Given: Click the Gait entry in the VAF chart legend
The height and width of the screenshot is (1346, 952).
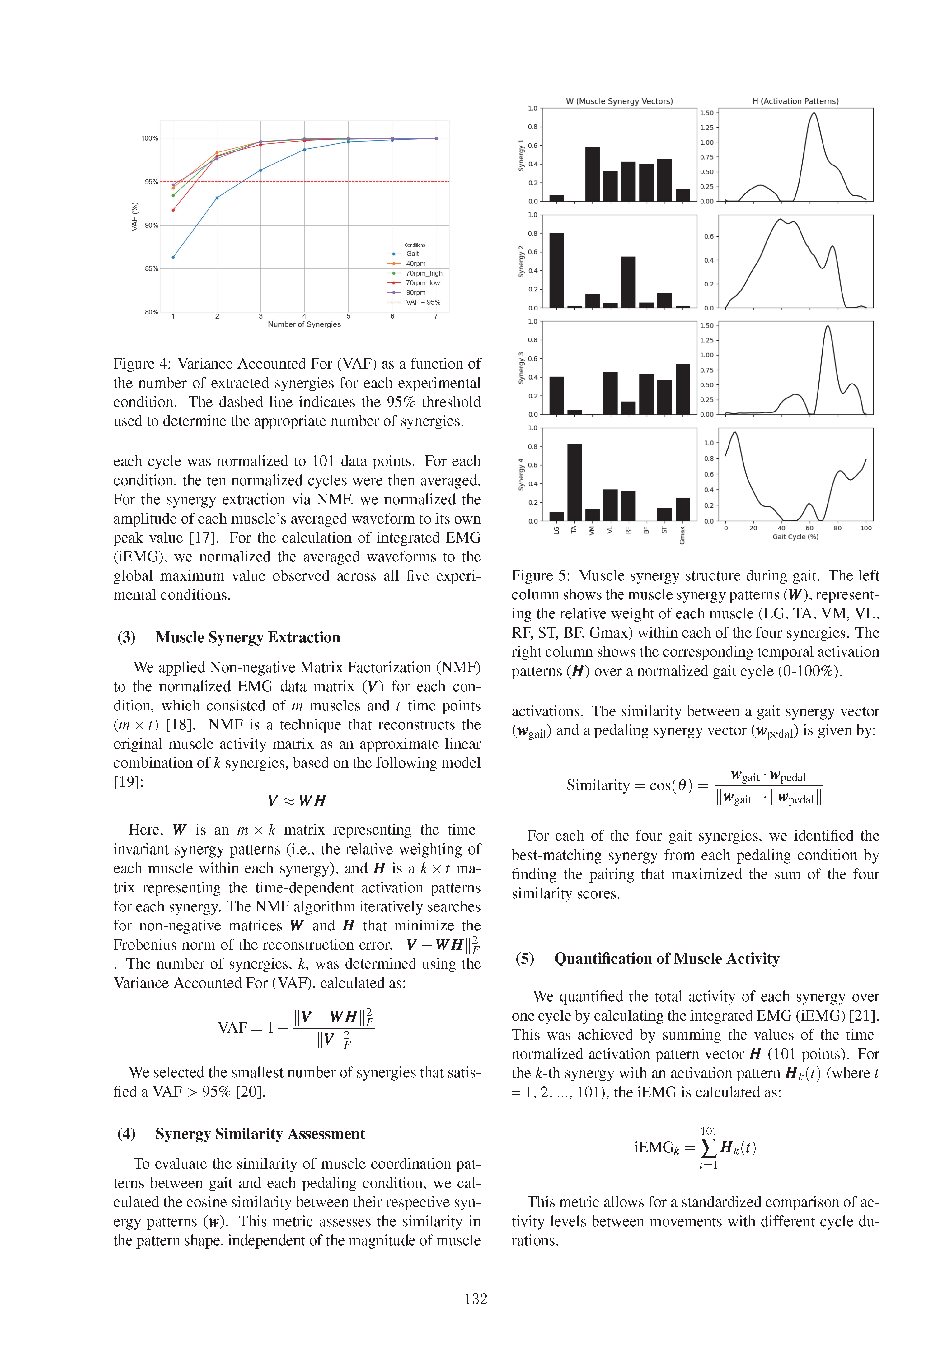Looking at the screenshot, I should coord(412,254).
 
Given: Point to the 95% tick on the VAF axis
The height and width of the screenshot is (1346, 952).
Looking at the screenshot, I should coord(151,182).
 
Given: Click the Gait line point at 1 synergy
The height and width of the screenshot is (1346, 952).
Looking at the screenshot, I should coord(173,257).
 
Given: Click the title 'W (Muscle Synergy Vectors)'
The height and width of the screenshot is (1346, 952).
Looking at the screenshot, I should coord(619,101).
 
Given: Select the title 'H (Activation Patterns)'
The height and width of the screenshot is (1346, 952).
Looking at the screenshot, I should coord(795,101).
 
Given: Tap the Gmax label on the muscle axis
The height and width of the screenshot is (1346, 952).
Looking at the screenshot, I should coord(682,535).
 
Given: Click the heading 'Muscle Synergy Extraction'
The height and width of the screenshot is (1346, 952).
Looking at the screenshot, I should coord(247,637).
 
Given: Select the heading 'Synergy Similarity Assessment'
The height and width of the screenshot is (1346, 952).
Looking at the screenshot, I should coord(260,1134).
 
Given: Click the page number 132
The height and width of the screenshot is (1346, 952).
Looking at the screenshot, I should coord(476,1299).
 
